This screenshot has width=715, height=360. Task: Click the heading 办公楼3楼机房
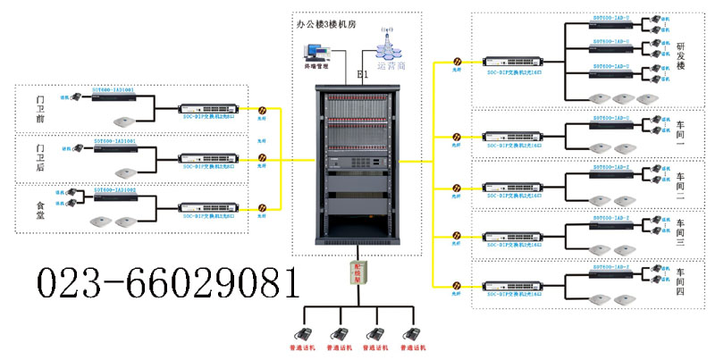coord(326,25)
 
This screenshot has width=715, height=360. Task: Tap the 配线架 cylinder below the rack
coord(357,272)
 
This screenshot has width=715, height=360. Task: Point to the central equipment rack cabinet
coord(357,161)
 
